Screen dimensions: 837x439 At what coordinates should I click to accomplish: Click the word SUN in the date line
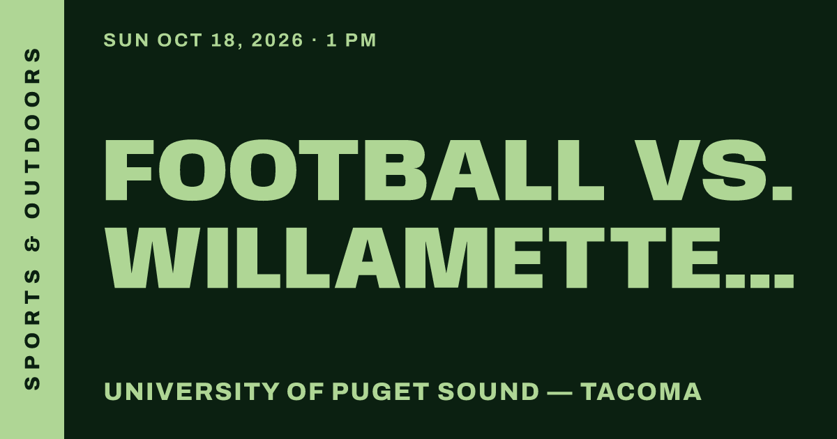pyautogui.click(x=126, y=40)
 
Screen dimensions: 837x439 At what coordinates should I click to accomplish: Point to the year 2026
pyautogui.click(x=277, y=40)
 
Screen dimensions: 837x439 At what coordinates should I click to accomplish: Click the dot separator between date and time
pyautogui.click(x=315, y=40)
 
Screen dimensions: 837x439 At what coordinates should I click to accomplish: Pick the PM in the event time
pyautogui.click(x=361, y=40)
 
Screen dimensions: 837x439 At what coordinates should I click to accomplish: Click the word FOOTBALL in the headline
pyautogui.click(x=354, y=170)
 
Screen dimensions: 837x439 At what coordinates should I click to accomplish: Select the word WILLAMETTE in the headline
pyautogui.click(x=413, y=258)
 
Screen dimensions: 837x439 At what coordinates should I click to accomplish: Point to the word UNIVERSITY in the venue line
pyautogui.click(x=191, y=392)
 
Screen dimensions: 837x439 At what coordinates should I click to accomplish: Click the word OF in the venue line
pyautogui.click(x=306, y=392)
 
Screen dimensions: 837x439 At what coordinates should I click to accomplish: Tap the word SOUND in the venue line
pyautogui.click(x=488, y=392)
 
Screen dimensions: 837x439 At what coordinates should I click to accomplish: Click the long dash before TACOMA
pyautogui.click(x=560, y=393)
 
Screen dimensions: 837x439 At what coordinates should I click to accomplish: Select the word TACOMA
pyautogui.click(x=641, y=392)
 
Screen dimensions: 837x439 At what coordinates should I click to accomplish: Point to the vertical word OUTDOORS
pyautogui.click(x=32, y=133)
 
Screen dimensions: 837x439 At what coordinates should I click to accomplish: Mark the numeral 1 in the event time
pyautogui.click(x=332, y=40)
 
